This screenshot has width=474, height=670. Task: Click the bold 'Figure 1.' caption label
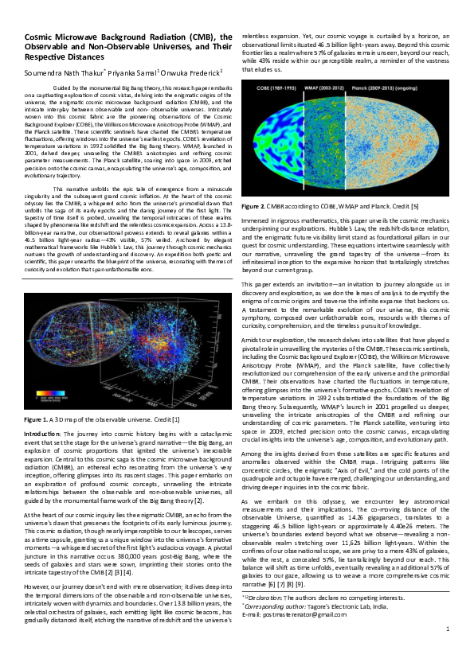(x=37, y=440)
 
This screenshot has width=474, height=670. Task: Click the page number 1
(x=448, y=652)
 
